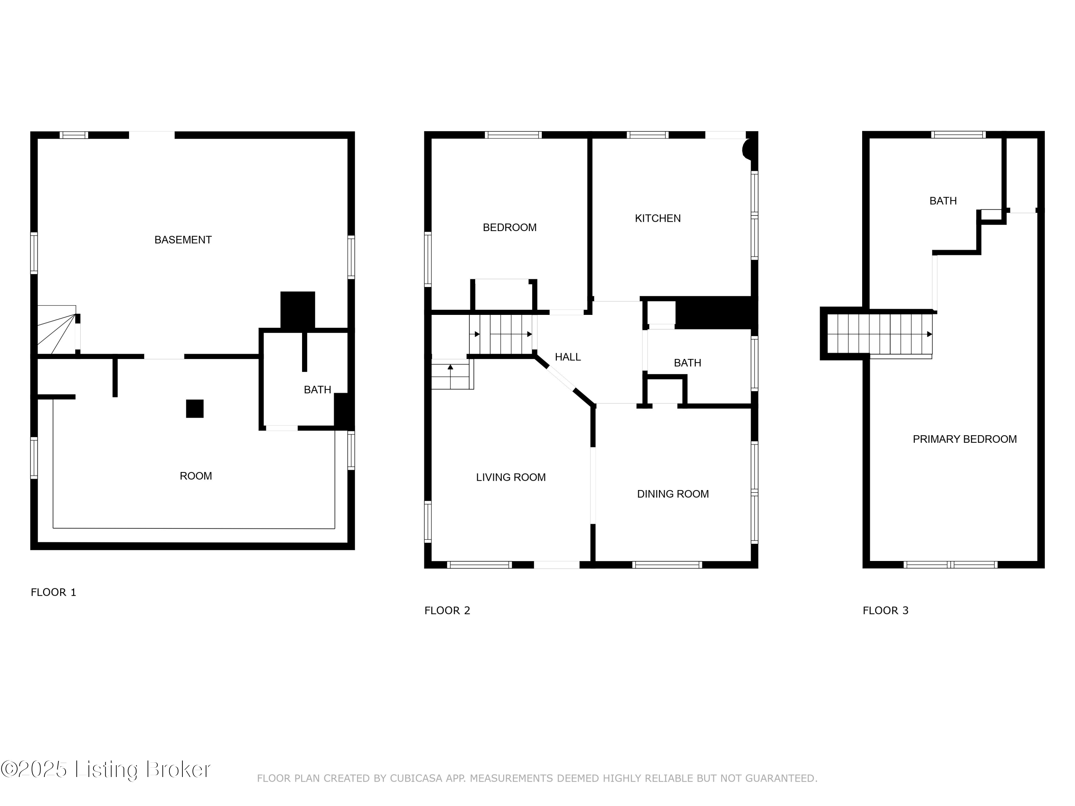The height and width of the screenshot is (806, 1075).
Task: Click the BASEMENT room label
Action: tap(183, 240)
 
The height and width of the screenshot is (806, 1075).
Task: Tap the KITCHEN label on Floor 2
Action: tap(658, 218)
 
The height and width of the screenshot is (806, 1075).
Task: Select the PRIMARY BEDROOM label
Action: tap(965, 439)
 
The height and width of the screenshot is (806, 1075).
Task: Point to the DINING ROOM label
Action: tap(673, 494)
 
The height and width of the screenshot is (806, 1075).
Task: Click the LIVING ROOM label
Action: tap(511, 478)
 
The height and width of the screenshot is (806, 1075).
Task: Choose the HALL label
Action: tap(568, 357)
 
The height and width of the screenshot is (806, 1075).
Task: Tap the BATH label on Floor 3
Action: tap(943, 201)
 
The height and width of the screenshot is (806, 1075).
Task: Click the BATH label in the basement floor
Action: tap(317, 390)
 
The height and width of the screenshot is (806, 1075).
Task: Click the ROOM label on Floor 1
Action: tap(196, 476)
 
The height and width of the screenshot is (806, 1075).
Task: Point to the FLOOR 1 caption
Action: tap(53, 592)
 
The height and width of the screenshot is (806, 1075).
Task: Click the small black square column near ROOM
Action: tap(195, 409)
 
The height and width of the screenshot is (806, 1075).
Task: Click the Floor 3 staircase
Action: tap(880, 334)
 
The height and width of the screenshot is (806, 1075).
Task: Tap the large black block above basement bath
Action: tap(298, 310)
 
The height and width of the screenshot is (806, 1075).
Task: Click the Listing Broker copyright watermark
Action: tap(105, 769)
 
